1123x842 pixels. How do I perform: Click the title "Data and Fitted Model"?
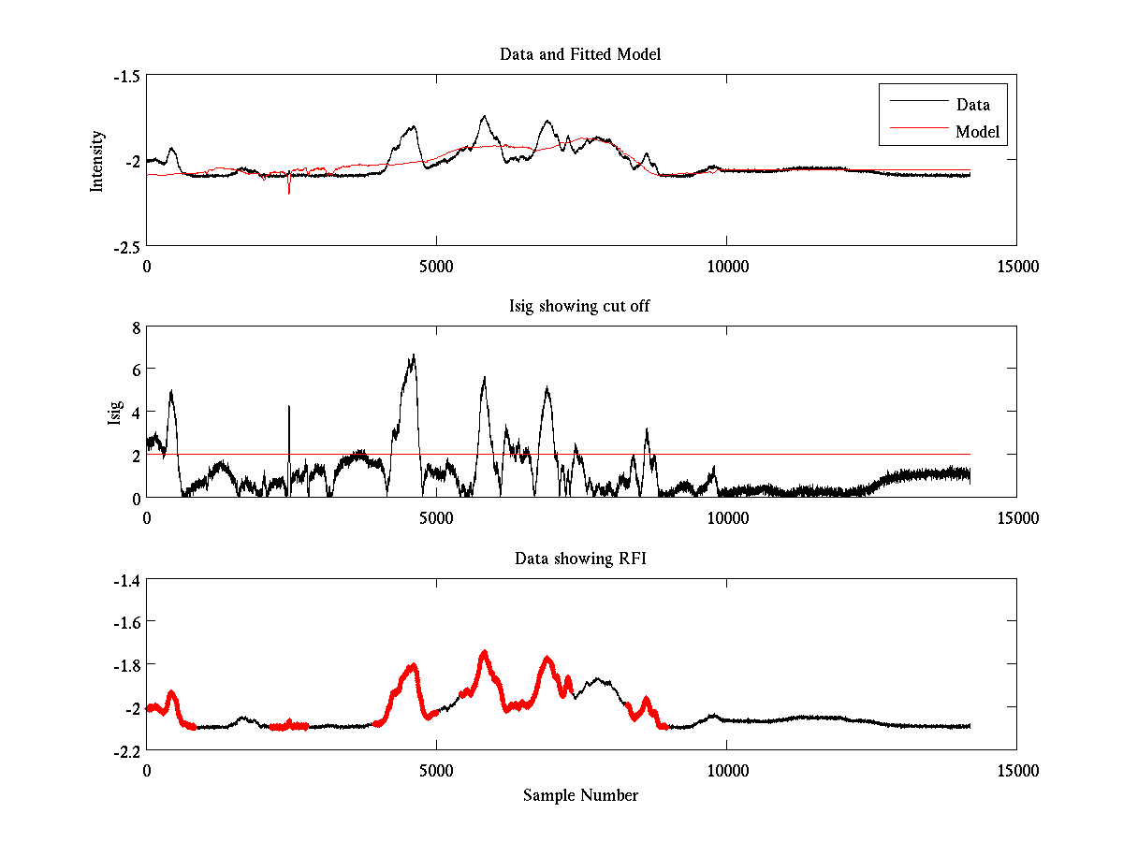pos(580,54)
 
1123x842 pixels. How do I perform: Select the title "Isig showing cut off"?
pos(579,307)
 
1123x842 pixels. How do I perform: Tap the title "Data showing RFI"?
pos(580,559)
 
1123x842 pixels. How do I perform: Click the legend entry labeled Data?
pos(972,105)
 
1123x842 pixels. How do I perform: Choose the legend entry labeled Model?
pos(977,132)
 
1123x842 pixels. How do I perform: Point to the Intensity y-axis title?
pos(97,161)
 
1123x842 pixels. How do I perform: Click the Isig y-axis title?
pos(115,413)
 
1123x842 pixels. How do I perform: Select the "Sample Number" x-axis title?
pos(580,795)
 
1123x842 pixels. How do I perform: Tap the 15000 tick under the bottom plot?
pos(1017,770)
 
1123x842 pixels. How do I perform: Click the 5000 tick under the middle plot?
pos(437,517)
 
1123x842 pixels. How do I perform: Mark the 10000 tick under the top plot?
pos(727,266)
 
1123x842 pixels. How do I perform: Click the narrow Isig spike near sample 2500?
pos(289,408)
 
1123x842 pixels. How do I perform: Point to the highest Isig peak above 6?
pos(413,356)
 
